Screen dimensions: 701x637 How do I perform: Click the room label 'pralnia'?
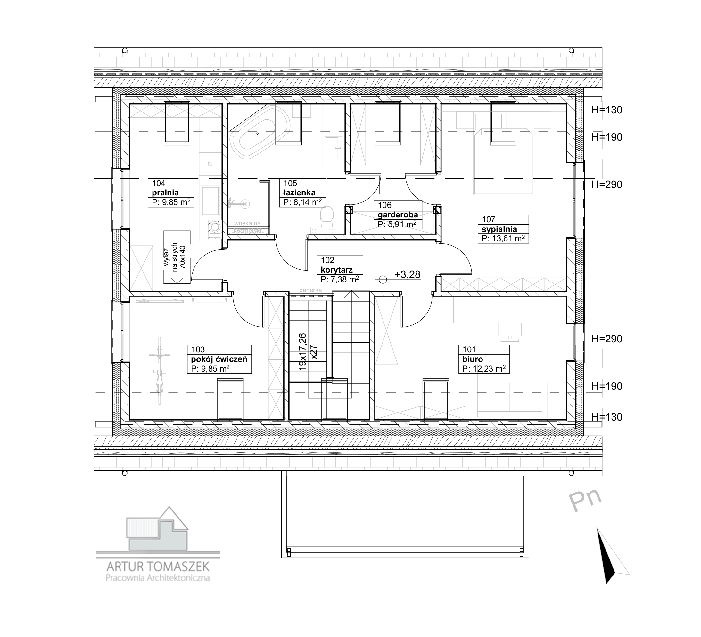coord(165,193)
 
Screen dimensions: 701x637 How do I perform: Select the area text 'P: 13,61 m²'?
coord(503,239)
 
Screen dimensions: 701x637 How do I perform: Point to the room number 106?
coord(384,205)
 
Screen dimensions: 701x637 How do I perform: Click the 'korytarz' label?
coord(337,270)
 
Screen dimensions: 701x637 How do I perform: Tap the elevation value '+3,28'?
coord(407,275)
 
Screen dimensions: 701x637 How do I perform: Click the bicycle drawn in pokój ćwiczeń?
coord(160,371)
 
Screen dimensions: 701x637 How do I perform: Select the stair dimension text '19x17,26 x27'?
coord(307,352)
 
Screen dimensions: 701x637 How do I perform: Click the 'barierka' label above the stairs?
coord(310,290)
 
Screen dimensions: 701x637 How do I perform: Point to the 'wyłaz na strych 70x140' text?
coord(175,258)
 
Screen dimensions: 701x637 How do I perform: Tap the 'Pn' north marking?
coord(585,501)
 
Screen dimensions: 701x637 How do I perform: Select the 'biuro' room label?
coord(473,359)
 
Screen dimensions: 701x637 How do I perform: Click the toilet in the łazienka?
coord(326,217)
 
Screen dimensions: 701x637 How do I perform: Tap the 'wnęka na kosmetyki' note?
coord(247,226)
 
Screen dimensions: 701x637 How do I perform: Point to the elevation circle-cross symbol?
coord(383,279)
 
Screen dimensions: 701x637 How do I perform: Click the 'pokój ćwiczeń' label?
coord(219,359)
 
